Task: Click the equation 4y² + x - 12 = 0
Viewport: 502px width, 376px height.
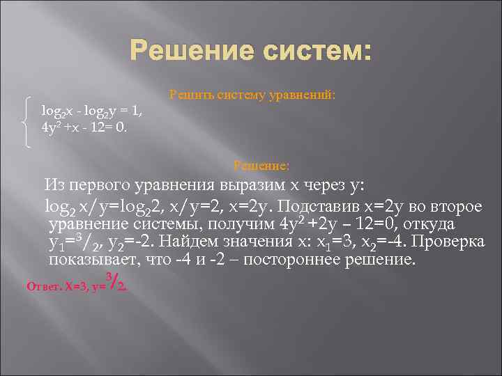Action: click(84, 127)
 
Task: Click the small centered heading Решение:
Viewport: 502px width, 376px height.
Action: click(261, 166)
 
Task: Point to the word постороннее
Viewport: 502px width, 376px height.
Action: click(296, 261)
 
